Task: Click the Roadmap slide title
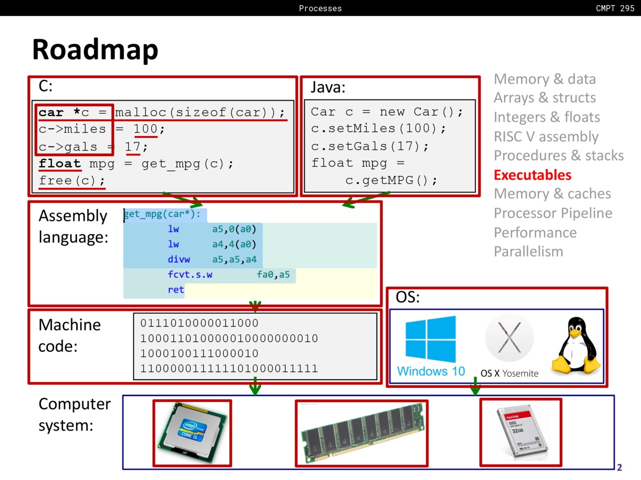click(95, 49)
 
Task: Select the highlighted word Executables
click(532, 175)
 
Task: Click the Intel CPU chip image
click(192, 433)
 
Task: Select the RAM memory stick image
click(362, 433)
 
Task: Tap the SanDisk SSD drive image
click(521, 432)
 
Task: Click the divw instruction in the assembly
click(179, 259)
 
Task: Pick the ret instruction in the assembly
click(176, 289)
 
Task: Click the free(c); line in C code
click(72, 180)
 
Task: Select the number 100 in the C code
click(145, 129)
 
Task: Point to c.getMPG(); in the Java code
click(391, 180)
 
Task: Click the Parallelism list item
click(528, 251)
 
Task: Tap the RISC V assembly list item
click(546, 136)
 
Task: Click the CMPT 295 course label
click(615, 8)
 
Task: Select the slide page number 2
click(619, 467)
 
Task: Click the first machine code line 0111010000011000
click(199, 323)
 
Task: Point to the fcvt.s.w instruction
click(190, 274)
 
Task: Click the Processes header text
click(320, 8)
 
